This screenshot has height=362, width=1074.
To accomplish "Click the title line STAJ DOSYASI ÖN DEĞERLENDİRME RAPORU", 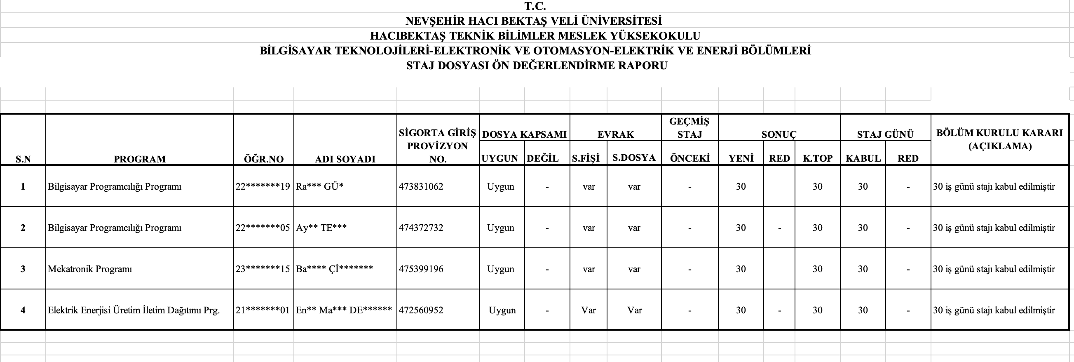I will pyautogui.click(x=537, y=66).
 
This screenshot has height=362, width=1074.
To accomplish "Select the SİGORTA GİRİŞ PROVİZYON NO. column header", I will pyautogui.click(x=437, y=146).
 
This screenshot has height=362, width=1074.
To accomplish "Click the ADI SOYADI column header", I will pyautogui.click(x=345, y=159).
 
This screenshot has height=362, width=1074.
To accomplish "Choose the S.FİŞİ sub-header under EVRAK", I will pyautogui.click(x=585, y=158).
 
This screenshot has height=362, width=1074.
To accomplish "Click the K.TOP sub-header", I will pyautogui.click(x=817, y=158).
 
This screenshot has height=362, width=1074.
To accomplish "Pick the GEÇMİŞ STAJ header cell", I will pyautogui.click(x=689, y=128).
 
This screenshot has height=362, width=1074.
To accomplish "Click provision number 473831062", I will pyautogui.click(x=421, y=186).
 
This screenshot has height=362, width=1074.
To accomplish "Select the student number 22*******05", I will pyautogui.click(x=263, y=228).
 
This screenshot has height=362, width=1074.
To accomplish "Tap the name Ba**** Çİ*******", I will pyautogui.click(x=334, y=269).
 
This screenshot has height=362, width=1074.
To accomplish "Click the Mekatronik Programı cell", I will pyautogui.click(x=90, y=269).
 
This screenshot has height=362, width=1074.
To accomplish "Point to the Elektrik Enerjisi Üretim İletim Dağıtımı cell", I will pyautogui.click(x=134, y=310).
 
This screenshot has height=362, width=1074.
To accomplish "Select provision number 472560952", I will pyautogui.click(x=421, y=310).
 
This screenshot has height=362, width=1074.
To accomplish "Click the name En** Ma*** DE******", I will pyautogui.click(x=344, y=310).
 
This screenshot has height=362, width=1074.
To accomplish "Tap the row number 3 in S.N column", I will pyautogui.click(x=23, y=269).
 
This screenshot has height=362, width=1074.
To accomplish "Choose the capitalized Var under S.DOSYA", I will pyautogui.click(x=634, y=310).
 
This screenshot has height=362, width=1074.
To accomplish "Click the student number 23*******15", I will pyautogui.click(x=263, y=269).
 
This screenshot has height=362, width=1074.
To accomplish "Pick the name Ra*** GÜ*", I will pyautogui.click(x=319, y=186).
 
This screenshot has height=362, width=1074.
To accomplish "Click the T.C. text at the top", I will pyautogui.click(x=535, y=6).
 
